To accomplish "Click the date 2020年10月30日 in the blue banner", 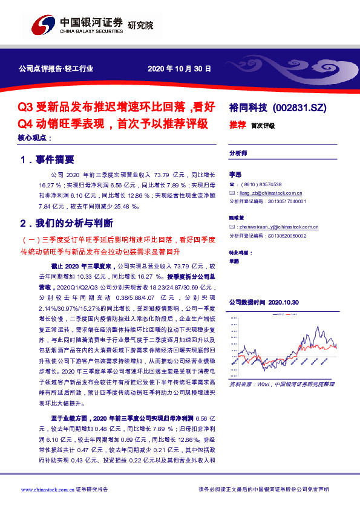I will point(180,69).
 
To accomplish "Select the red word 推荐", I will point(237,126).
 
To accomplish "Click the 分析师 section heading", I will point(238,154).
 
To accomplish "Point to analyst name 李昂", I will point(235,173).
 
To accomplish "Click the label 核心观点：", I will point(35,138).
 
